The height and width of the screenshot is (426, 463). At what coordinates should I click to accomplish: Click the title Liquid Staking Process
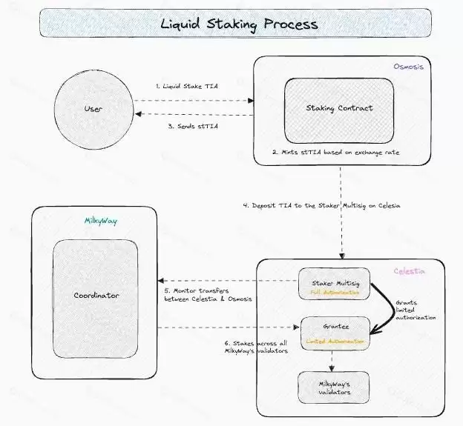239,24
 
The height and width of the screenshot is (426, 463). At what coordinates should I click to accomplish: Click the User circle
93,110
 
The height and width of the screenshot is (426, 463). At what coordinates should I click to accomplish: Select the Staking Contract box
339,108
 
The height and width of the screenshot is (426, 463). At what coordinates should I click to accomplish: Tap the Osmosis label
409,67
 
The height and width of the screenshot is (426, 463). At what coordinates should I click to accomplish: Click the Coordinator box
95,296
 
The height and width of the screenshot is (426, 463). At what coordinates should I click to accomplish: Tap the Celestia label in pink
410,271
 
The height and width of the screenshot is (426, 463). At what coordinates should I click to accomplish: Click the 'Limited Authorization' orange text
335,342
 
